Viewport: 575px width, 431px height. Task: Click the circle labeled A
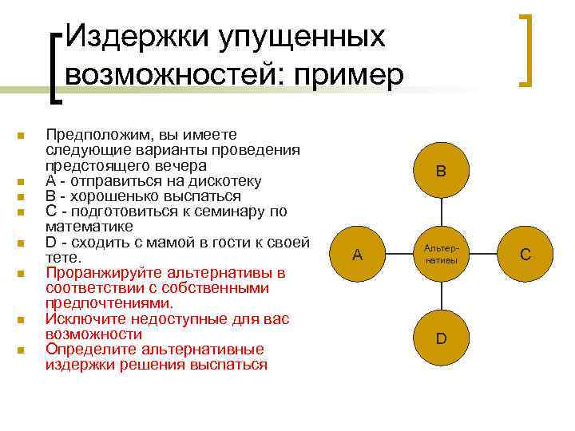pos(357,255)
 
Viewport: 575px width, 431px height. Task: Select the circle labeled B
pos(441,171)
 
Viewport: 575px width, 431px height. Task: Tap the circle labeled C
pos(525,255)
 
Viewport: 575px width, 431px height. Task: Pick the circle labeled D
pos(441,338)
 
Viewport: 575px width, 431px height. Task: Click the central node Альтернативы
pos(441,255)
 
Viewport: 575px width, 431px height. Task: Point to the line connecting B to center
pos(441,212)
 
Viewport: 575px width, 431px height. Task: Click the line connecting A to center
pos(399,255)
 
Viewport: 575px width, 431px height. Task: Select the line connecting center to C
pos(483,255)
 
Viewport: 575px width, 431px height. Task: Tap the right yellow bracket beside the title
pos(528,49)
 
